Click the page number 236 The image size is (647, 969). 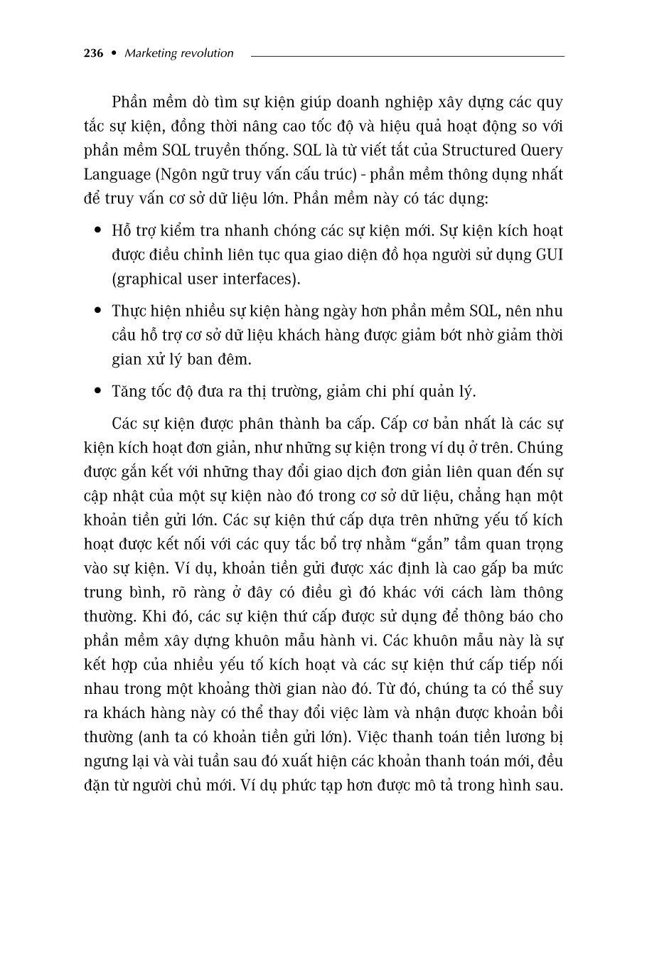[93, 53]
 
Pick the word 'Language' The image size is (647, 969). [115, 175]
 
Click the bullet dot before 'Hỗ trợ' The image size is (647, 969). [98, 230]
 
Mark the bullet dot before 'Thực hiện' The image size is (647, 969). [98, 311]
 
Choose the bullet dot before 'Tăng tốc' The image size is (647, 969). [98, 391]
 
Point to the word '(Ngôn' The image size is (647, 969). [171, 175]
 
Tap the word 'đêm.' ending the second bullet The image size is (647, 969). [232, 359]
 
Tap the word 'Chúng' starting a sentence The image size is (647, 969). [540, 448]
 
